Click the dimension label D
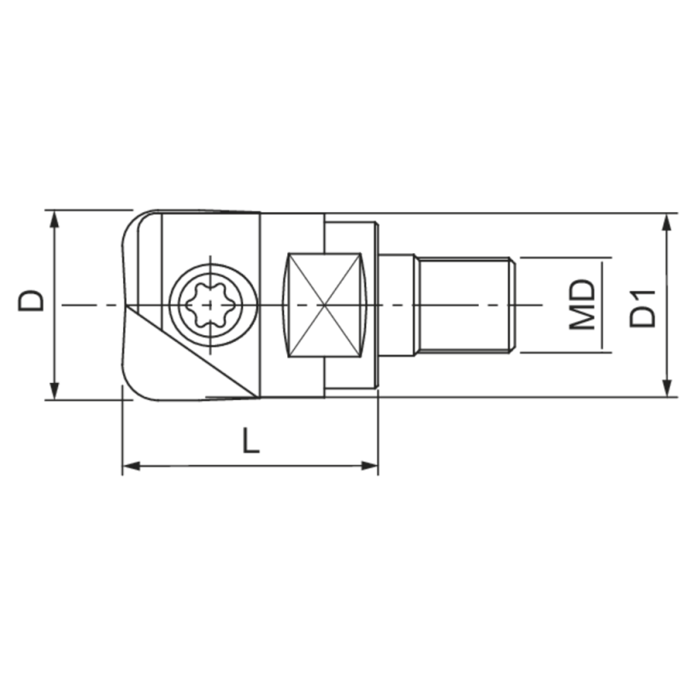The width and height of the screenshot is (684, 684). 32,300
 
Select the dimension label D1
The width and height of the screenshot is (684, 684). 642,307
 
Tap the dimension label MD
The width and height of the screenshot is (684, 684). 583,304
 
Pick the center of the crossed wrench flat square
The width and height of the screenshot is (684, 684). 322,305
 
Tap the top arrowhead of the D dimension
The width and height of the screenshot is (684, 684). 55,219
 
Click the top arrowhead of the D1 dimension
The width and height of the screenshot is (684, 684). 667,222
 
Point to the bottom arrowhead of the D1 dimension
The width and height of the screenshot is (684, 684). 667,387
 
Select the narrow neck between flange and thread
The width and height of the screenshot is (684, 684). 398,304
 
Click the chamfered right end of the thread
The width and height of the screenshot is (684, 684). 510,304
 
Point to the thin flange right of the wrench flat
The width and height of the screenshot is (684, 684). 375,304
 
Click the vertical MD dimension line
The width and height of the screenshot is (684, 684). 603,304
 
